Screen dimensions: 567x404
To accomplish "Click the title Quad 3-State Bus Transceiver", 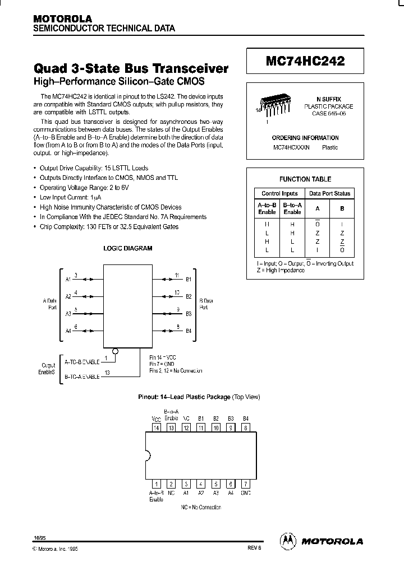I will pos(131,69).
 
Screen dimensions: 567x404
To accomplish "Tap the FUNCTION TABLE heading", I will pos(305,179).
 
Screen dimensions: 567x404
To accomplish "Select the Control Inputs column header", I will pos(279,193).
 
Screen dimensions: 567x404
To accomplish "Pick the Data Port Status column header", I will pos(330,193).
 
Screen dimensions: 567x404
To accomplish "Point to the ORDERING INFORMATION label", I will pos(305,138).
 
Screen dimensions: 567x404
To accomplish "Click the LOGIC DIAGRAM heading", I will pos(128,248).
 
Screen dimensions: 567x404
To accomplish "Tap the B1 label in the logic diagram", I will pos(189,278).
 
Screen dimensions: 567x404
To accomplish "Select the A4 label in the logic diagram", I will pos(68,331).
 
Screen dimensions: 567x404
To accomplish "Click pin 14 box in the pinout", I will pos(157,427).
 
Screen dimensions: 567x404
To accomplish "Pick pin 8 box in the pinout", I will pos(245,427).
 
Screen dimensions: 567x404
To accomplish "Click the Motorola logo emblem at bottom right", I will pos(287,541).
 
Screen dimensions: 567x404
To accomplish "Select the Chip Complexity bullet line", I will pos(109,227).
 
